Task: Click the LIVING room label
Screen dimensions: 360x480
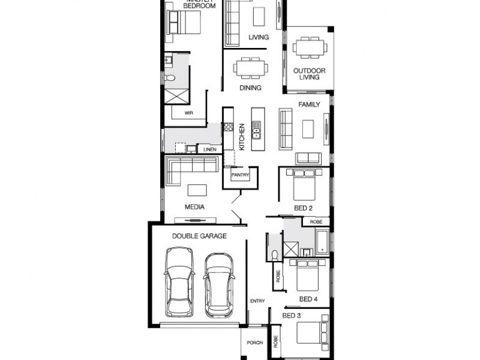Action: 259,37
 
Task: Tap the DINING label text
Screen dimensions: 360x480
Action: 250,88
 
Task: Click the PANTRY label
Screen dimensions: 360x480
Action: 240,175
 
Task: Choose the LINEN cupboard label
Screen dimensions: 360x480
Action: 209,149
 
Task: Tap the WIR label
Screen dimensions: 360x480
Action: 188,112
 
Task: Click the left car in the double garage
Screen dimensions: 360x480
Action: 179,283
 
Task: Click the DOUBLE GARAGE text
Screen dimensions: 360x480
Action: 199,236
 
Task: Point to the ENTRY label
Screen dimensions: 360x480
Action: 257,300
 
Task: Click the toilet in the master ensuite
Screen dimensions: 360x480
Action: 170,78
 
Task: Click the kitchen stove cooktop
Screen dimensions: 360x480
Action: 229,127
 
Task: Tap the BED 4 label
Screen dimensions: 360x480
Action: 308,298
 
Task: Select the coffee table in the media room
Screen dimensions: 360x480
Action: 196,190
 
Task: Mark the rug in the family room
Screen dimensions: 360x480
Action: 308,128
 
